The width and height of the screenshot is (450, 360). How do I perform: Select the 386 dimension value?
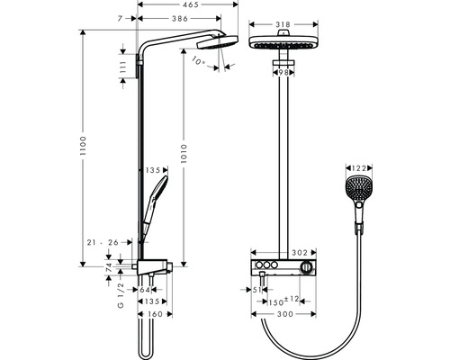click(x=183, y=18)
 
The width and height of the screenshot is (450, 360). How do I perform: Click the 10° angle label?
click(x=199, y=63)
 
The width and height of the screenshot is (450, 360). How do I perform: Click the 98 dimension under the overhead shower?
click(x=283, y=71)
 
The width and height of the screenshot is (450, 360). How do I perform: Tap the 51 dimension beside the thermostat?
click(x=255, y=290)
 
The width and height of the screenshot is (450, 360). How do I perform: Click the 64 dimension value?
click(x=147, y=290)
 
